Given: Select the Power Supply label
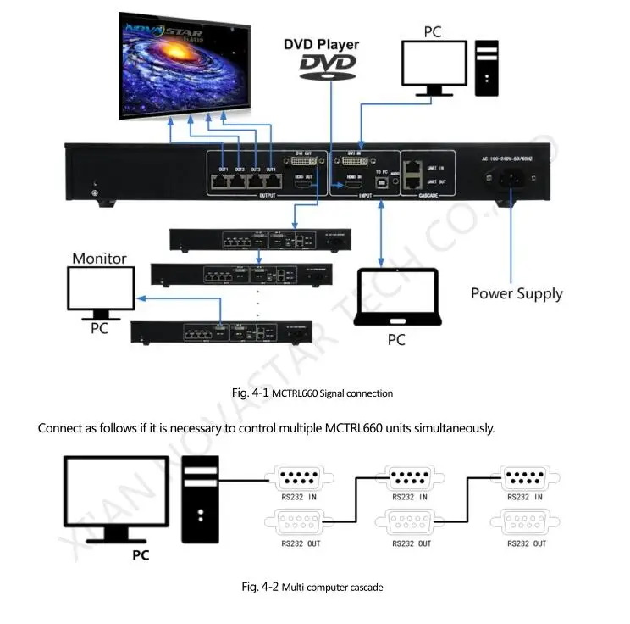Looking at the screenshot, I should [x=517, y=294].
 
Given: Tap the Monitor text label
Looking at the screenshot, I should [x=99, y=259].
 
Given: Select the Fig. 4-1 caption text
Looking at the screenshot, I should [x=312, y=393].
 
